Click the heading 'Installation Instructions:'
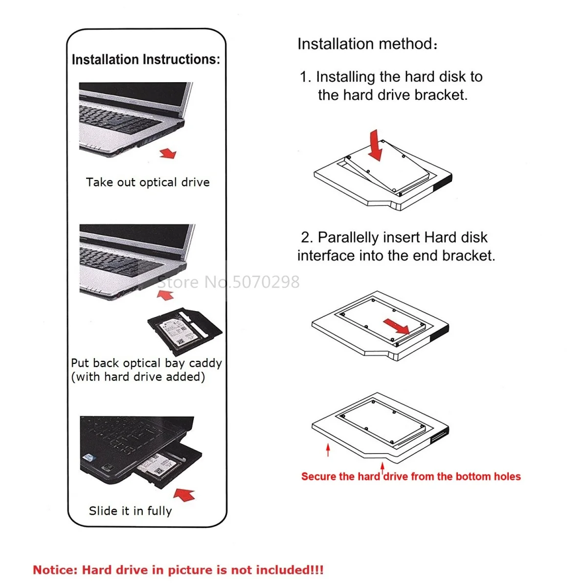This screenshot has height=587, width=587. point(146,60)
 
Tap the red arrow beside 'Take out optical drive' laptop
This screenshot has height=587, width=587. point(168,153)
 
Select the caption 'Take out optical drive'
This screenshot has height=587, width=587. point(148,182)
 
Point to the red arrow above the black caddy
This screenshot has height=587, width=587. point(165,294)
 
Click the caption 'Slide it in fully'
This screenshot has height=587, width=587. point(130,511)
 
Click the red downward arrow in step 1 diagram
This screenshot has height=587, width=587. point(375,145)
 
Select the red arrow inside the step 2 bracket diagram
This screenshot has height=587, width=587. point(396,326)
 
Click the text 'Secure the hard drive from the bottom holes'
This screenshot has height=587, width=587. point(411,476)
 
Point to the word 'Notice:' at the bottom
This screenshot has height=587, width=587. point(55,570)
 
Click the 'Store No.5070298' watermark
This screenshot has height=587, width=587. point(229,282)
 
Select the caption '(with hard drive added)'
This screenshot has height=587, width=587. point(138,377)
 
